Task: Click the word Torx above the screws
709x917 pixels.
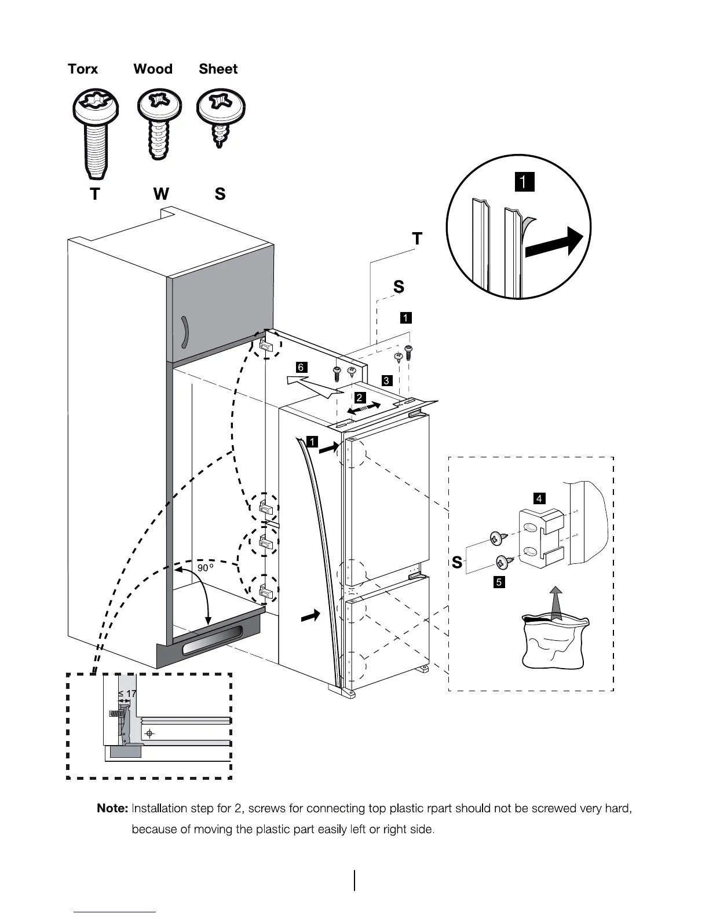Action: pos(83,69)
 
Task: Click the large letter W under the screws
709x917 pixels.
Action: pos(161,193)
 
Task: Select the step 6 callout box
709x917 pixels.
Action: pos(300,367)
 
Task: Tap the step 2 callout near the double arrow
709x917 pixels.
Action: pos(360,398)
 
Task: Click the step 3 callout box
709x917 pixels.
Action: pos(386,380)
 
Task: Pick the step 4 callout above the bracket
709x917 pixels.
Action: pos(539,498)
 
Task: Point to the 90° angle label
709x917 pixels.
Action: pos(205,568)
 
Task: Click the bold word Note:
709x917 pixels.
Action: pos(112,808)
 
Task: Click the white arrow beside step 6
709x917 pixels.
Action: pos(313,385)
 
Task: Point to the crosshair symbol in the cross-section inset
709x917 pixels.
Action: pos(149,734)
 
